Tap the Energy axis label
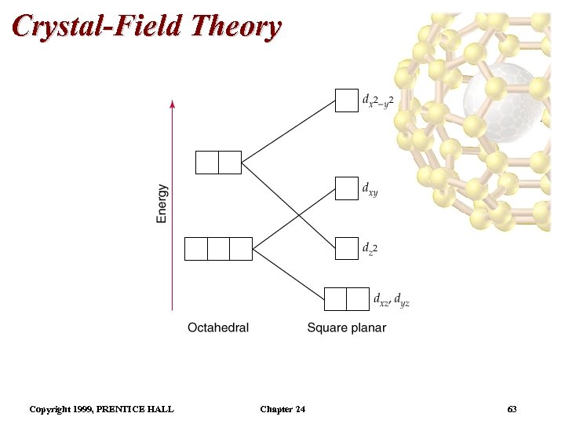tap(162, 203)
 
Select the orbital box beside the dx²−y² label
tap(346, 101)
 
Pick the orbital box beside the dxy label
tap(346, 188)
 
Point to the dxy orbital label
tap(370, 188)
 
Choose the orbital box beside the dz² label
tap(346, 248)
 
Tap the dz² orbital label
tap(370, 249)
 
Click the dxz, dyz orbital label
tap(391, 299)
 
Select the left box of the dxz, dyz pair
tap(335, 299)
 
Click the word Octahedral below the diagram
tap(218, 327)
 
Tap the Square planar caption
tap(346, 327)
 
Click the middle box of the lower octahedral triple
tap(218, 248)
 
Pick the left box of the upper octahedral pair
tap(206, 162)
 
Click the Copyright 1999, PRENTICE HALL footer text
tap(101, 409)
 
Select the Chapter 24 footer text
tap(282, 409)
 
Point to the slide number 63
tap(512, 409)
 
